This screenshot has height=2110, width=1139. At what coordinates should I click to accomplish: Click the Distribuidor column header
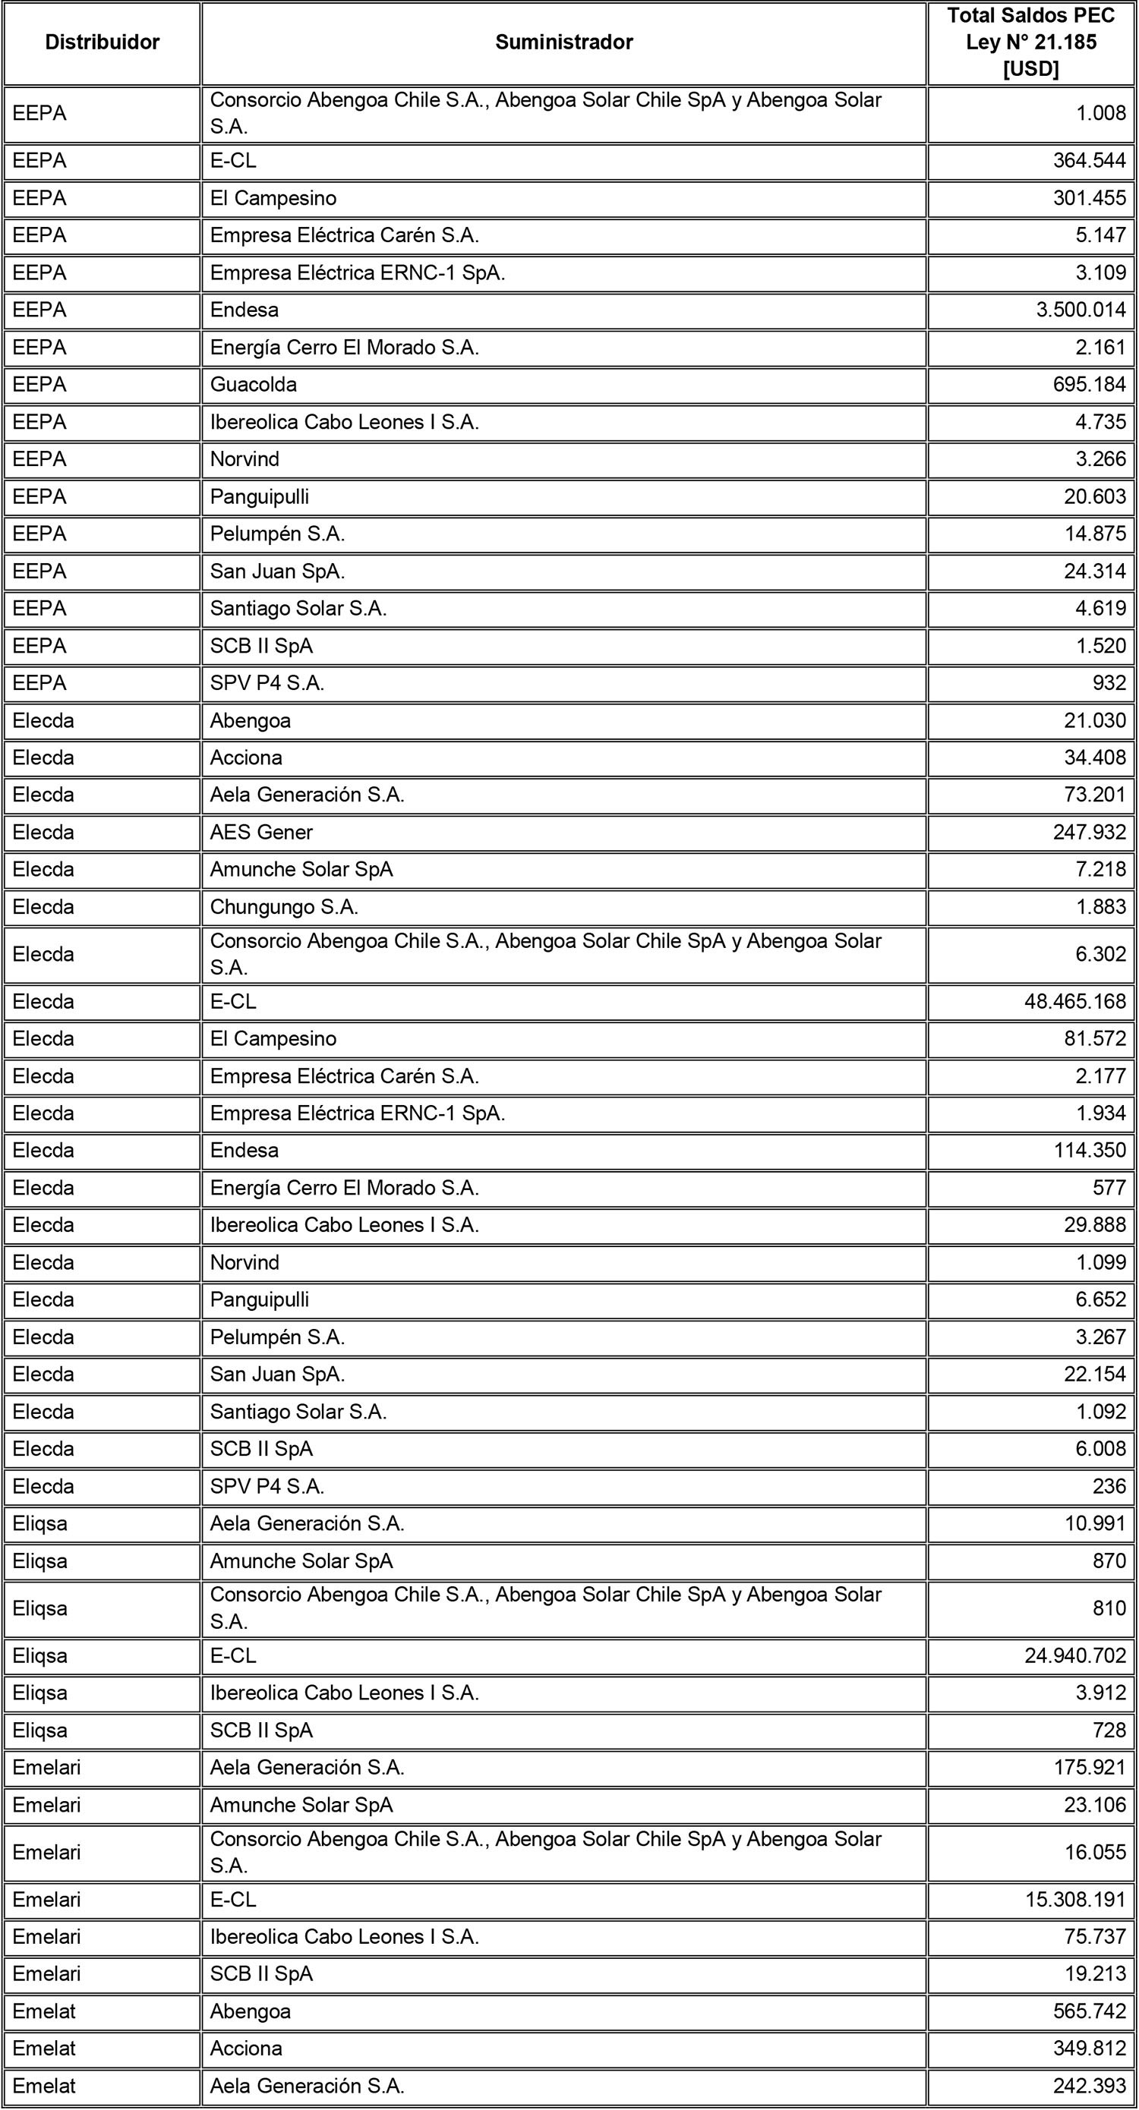pos(103,43)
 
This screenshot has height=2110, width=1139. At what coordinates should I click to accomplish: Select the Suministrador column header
pos(563,43)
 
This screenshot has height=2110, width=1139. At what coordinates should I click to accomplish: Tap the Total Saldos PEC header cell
pos(1031,43)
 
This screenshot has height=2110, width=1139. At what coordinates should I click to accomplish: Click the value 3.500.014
pos(1081,310)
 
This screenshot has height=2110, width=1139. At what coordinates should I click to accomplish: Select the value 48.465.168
pos(1075,1002)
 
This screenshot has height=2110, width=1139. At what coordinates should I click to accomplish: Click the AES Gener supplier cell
pos(261,832)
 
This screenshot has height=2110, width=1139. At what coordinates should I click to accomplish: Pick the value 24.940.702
pos(1075,1656)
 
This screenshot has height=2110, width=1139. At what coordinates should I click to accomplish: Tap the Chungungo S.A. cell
pos(283,907)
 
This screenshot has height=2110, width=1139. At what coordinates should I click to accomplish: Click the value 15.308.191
pos(1075,1900)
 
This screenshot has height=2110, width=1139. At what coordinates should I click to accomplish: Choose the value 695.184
pos(1089,385)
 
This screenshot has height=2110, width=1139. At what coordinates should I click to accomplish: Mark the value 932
pos(1109,683)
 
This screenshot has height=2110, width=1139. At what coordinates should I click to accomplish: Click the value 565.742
pos(1089,2011)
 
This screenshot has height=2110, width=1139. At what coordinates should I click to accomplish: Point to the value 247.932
pos(1089,832)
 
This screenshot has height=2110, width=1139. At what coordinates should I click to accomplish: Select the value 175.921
pos(1089,1768)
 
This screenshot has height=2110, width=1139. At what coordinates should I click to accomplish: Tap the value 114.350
pos(1089,1150)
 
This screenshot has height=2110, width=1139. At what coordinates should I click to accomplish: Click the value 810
pos(1109,1608)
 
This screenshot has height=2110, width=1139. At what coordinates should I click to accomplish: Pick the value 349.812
pos(1089,2049)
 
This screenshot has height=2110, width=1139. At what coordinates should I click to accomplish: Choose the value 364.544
pos(1089,161)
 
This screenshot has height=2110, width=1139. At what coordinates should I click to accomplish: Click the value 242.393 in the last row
pos(1089,2086)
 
